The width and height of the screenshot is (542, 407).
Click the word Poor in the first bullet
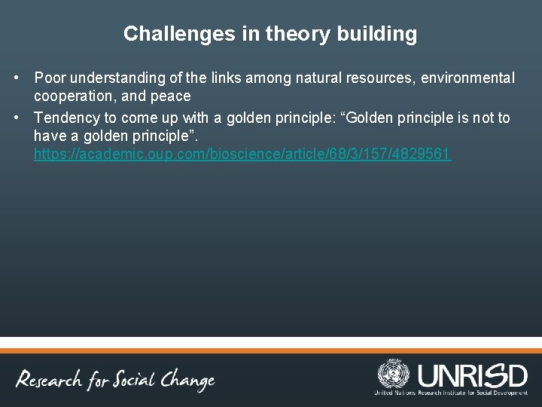tap(50, 78)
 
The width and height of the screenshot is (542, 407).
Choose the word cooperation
tap(72, 96)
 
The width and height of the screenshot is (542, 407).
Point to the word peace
tap(171, 96)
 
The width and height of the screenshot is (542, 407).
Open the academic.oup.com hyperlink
tap(242, 155)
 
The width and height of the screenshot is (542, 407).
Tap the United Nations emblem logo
tap(393, 374)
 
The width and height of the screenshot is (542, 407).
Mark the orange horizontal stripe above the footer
tap(271, 350)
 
